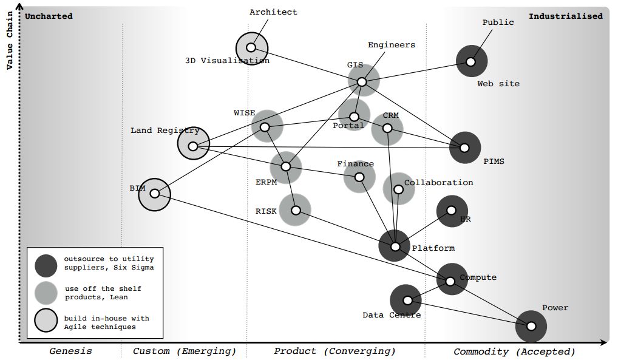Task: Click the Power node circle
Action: point(531,326)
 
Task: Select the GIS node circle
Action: point(362,82)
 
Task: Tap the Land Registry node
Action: point(193,146)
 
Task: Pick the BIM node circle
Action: point(154,194)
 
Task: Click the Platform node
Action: point(395,246)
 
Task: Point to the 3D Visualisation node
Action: point(251,47)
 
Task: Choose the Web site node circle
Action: point(470,61)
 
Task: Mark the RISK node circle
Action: point(296,211)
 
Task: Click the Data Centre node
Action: point(408,300)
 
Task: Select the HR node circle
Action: point(452,211)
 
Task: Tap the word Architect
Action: point(274,12)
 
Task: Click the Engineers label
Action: point(392,45)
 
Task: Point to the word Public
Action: point(498,22)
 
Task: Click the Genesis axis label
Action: point(70,351)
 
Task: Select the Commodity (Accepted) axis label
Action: point(514,351)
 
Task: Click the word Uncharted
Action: point(49,16)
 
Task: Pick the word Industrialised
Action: point(565,16)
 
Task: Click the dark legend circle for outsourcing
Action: point(46,264)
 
